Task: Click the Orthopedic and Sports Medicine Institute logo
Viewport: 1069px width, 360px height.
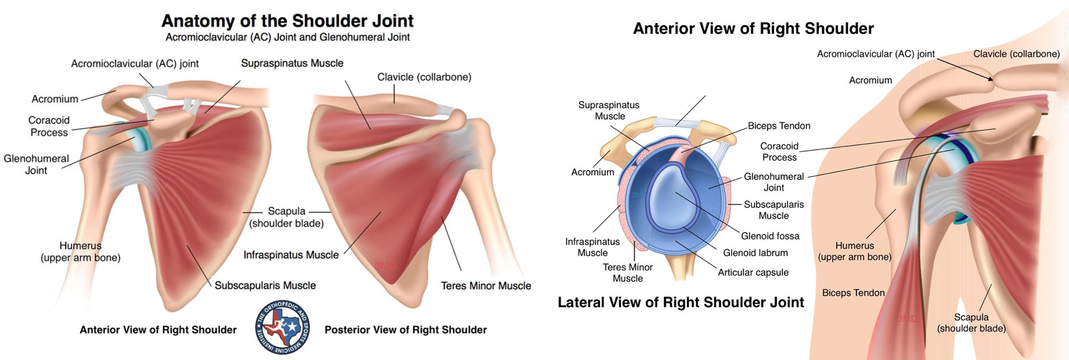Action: (x=282, y=327)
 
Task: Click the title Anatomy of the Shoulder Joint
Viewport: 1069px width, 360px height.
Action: (x=287, y=21)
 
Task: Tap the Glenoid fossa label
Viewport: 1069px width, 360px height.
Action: (x=770, y=236)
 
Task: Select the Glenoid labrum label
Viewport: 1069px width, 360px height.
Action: (x=755, y=252)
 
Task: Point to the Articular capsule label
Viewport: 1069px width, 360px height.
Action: (x=753, y=272)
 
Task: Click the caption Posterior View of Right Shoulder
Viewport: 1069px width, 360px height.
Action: (x=406, y=330)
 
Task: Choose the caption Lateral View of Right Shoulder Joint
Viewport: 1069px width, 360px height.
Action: (x=681, y=302)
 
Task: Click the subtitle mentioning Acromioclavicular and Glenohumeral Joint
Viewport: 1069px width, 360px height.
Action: (x=287, y=37)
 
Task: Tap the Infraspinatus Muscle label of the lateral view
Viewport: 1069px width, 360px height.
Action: (x=592, y=247)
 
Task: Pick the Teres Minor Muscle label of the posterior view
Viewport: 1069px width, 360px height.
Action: (x=486, y=286)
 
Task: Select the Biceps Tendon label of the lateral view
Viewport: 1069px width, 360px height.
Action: (x=779, y=126)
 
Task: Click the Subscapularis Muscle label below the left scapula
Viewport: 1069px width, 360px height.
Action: (x=265, y=286)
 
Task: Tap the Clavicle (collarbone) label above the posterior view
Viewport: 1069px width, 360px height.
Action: (x=424, y=77)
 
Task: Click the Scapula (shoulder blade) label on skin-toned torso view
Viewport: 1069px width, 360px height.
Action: (x=971, y=323)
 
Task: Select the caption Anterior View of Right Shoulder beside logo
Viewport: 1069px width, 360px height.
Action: (x=158, y=330)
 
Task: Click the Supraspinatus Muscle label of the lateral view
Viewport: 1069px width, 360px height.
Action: (x=609, y=110)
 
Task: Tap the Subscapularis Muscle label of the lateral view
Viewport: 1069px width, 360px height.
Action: (x=773, y=210)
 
